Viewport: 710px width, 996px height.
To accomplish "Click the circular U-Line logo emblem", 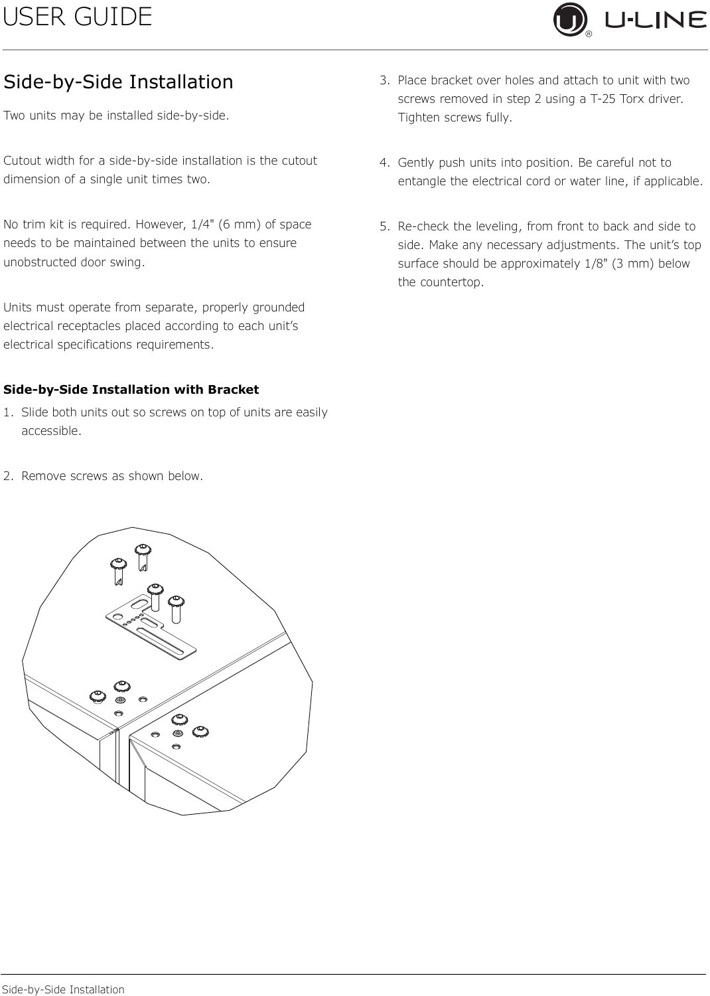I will (x=570, y=19).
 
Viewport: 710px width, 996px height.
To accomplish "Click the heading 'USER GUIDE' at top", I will (x=78, y=17).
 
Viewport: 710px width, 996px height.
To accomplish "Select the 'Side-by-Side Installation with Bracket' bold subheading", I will (x=131, y=390).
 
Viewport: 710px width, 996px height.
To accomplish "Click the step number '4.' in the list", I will (x=384, y=163).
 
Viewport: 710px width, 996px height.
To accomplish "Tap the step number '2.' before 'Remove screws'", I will (x=8, y=476).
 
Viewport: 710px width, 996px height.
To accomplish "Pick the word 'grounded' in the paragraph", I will (x=279, y=307).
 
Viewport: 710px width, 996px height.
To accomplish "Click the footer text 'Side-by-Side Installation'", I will (x=63, y=989).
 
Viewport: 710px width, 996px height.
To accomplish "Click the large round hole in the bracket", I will (x=117, y=616).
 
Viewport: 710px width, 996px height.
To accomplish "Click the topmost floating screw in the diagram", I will (x=143, y=550).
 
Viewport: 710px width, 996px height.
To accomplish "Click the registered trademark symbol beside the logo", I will (x=589, y=33).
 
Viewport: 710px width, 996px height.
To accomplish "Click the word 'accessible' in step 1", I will (x=50, y=431).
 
